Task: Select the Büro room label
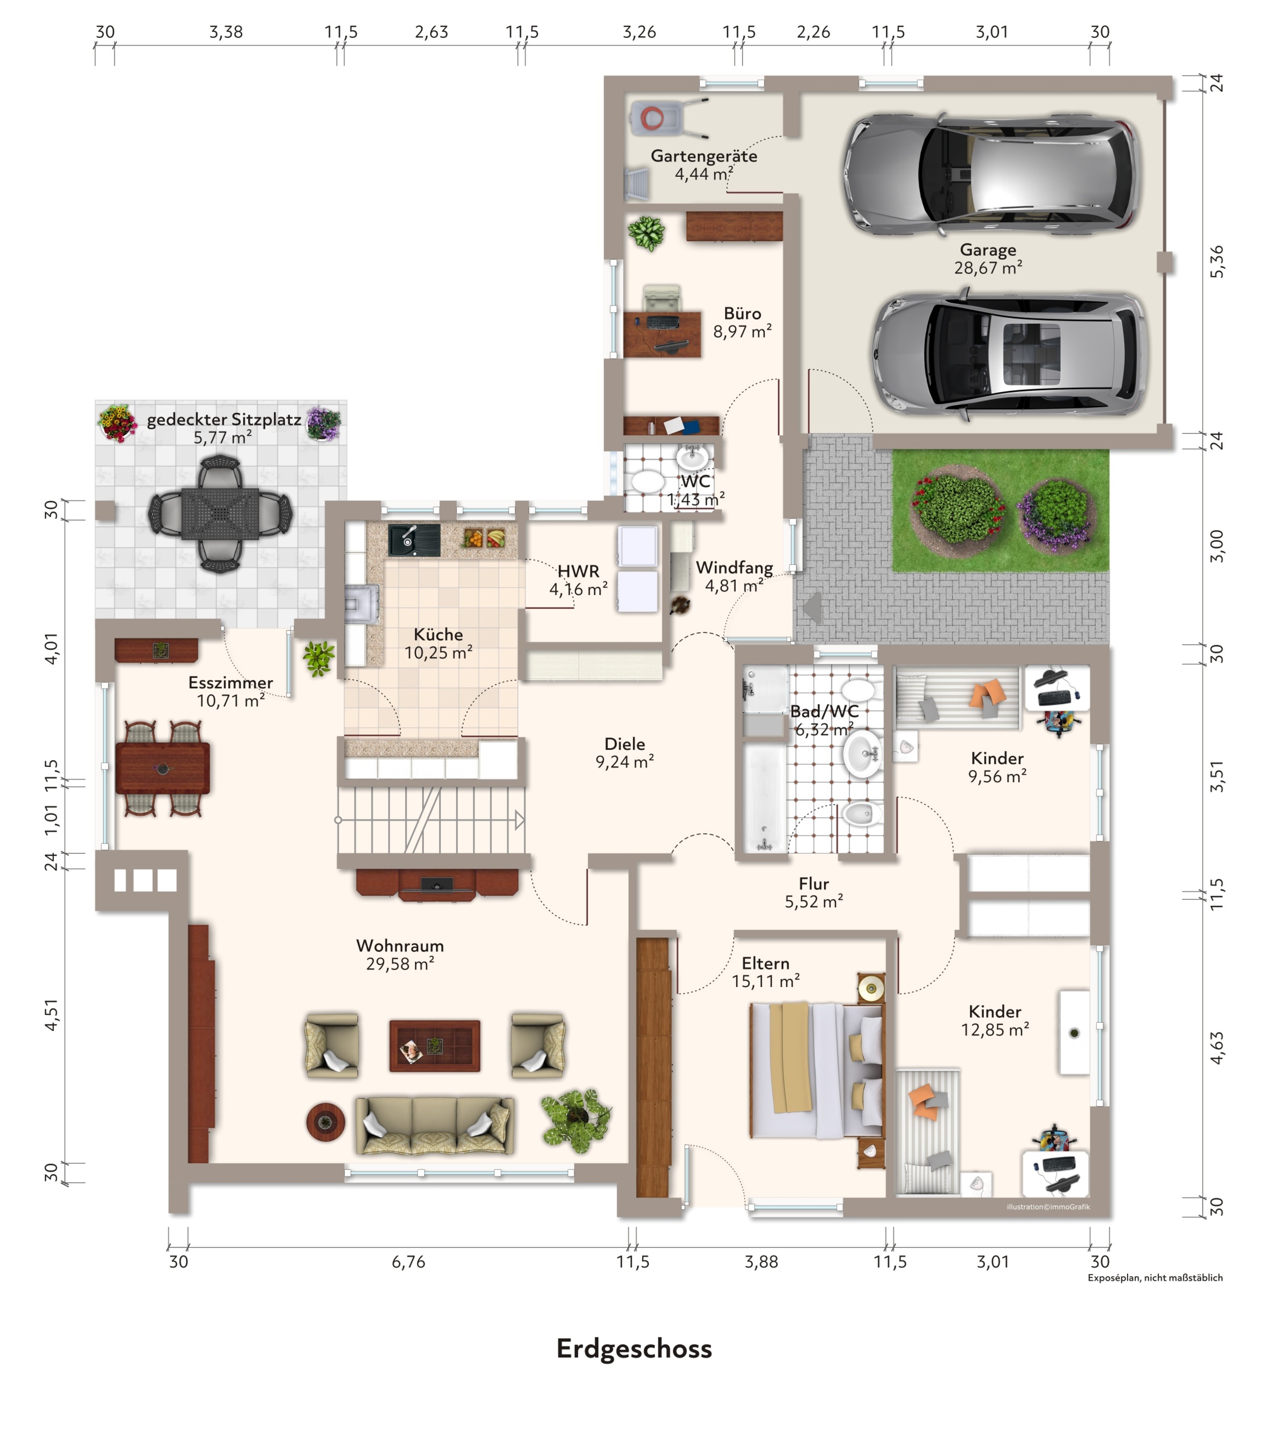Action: click(x=742, y=313)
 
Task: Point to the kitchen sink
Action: click(x=414, y=540)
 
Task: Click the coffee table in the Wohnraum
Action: click(x=434, y=1046)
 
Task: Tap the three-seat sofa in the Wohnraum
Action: click(x=434, y=1125)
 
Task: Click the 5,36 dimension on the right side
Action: click(x=1217, y=262)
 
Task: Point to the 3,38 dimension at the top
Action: click(x=226, y=32)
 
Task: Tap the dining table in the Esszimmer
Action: click(x=162, y=768)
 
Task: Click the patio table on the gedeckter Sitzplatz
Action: click(x=220, y=513)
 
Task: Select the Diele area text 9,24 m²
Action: click(x=625, y=762)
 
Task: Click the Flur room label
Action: click(x=814, y=884)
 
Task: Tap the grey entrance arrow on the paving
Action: click(x=812, y=607)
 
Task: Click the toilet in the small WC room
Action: click(x=647, y=482)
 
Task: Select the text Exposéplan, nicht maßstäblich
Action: click(x=1155, y=1277)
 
